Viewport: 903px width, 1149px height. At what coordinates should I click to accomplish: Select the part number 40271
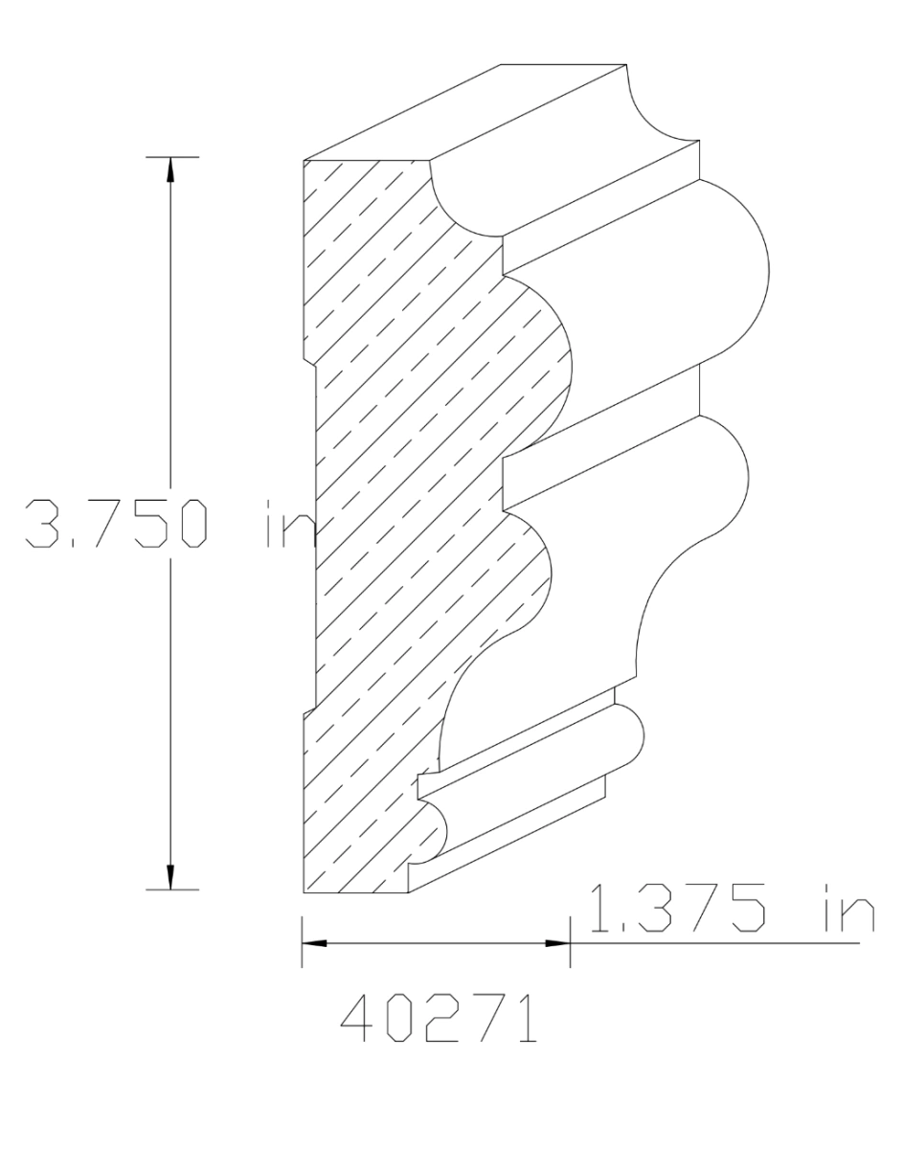point(440,1022)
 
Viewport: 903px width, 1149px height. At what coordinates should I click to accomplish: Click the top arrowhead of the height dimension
point(170,168)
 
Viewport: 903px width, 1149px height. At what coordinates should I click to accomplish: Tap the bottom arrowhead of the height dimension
point(170,878)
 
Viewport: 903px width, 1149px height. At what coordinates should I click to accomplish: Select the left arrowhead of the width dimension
point(314,943)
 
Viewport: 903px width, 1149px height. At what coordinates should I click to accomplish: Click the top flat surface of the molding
point(460,110)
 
